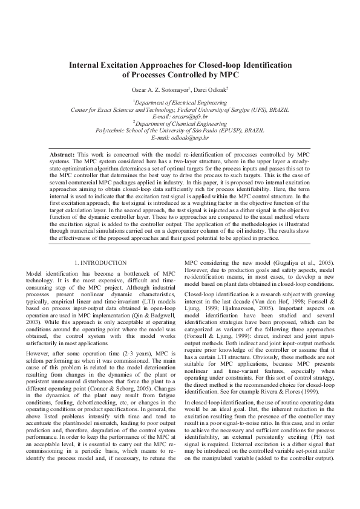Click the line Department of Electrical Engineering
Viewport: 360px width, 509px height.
coord(180,103)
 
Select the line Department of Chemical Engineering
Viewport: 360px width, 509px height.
coord(180,123)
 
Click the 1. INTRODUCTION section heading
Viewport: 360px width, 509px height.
coord(100,263)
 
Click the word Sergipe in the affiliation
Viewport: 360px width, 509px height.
coord(227,110)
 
